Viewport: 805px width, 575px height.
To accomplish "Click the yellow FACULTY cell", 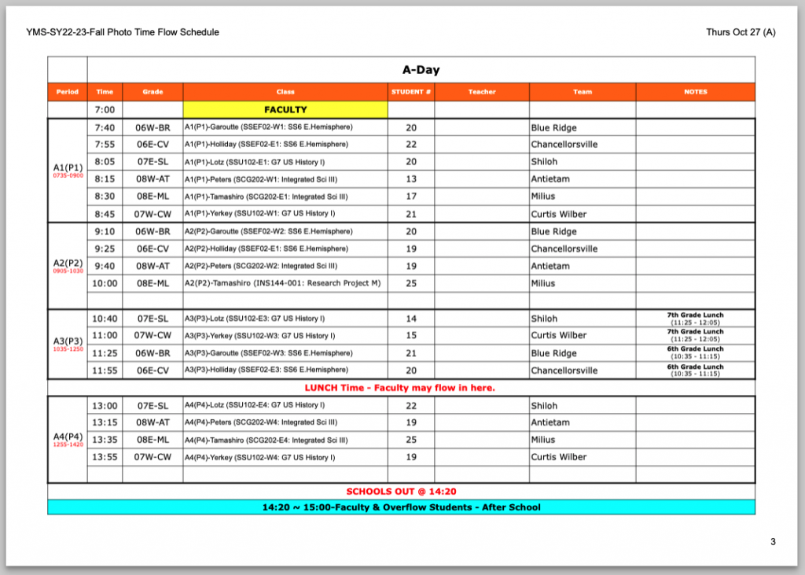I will (x=285, y=109).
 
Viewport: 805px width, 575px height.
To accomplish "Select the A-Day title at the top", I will (x=421, y=70).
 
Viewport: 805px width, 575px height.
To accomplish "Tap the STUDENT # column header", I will (x=411, y=92).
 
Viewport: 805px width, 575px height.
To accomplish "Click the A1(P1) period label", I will (x=68, y=167).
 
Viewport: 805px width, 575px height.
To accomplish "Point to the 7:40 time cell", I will (x=105, y=127).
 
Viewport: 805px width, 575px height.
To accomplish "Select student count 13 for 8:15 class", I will (x=411, y=179).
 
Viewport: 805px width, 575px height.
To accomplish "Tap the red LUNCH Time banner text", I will (x=399, y=388).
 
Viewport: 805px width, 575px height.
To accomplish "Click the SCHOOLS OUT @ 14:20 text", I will (x=401, y=492).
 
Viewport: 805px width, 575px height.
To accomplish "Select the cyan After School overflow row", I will (x=401, y=507).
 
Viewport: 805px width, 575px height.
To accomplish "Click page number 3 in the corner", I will (x=773, y=542).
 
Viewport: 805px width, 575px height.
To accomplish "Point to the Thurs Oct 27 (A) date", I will (x=741, y=32).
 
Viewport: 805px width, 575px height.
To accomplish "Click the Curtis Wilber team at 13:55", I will (x=558, y=457).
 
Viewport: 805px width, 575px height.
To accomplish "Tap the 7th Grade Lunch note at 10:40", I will (x=696, y=319).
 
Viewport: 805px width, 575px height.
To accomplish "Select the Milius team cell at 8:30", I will (x=542, y=197).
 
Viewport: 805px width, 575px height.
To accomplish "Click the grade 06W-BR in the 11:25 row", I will (x=153, y=353).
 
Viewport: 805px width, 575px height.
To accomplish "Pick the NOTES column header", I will (x=696, y=92).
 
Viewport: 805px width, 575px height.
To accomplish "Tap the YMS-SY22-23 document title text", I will (x=123, y=32).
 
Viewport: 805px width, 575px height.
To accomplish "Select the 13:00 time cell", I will (x=105, y=406).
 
